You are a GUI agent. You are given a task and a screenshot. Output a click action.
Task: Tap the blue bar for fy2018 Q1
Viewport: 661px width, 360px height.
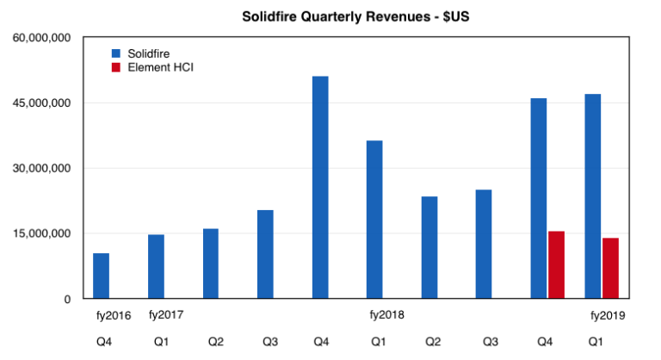[x=374, y=220]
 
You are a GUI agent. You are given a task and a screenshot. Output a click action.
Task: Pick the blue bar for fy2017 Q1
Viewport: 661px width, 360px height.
[x=156, y=266]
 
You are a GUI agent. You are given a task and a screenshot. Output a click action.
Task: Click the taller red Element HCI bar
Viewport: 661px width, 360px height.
[x=556, y=264]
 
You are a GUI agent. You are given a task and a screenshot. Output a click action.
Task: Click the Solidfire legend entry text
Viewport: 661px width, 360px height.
[x=148, y=53]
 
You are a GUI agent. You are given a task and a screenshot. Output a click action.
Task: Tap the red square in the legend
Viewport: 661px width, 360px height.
[x=114, y=67]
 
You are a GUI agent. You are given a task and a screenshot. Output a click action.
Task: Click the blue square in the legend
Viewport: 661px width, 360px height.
[x=114, y=53]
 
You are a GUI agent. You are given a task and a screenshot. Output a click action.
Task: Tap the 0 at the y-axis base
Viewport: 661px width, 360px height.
[x=67, y=299]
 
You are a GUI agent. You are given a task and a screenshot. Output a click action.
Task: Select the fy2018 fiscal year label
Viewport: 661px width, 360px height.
[x=386, y=315]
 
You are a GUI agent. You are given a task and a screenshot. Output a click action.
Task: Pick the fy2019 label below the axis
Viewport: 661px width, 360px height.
[x=607, y=315]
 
